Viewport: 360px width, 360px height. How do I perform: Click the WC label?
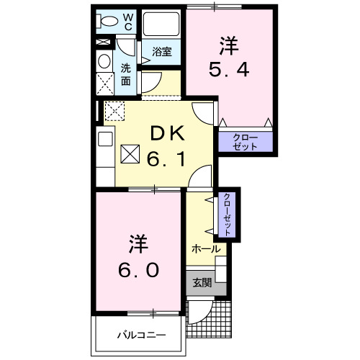click(x=127, y=22)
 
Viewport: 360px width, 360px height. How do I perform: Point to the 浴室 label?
click(x=161, y=52)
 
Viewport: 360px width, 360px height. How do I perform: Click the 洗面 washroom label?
click(x=125, y=75)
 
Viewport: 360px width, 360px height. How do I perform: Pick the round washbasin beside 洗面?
click(x=104, y=61)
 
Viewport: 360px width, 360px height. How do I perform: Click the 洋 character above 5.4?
click(x=229, y=44)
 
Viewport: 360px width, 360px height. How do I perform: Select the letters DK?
click(x=168, y=133)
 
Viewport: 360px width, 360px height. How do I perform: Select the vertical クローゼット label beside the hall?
click(x=227, y=215)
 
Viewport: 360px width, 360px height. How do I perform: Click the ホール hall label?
click(x=206, y=248)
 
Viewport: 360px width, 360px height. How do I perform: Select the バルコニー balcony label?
click(x=141, y=335)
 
